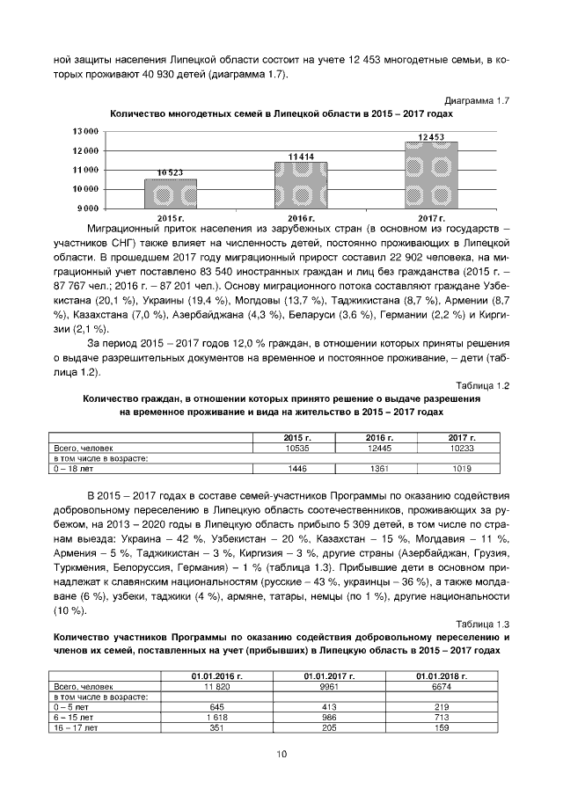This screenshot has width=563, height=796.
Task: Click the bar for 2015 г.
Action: click(171, 194)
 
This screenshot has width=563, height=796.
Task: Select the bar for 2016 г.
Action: click(300, 185)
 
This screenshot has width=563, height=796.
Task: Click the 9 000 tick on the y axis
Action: click(87, 208)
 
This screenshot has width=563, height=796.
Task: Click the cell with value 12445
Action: click(381, 447)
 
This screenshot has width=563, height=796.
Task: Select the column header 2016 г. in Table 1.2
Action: click(381, 437)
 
